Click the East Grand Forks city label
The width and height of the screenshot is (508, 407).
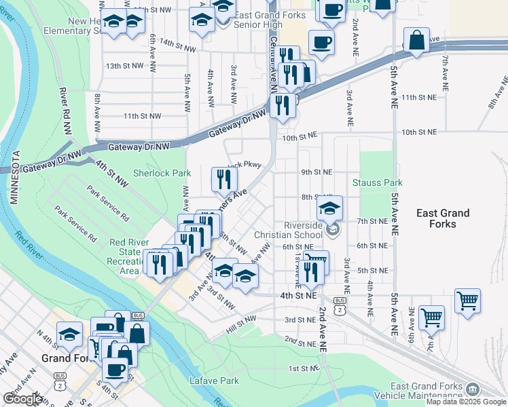tap(443, 218)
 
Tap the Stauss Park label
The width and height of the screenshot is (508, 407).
tap(378, 182)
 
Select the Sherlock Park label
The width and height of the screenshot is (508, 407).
tap(162, 173)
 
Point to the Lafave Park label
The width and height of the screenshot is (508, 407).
tap(214, 381)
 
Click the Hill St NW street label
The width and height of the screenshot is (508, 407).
tap(241, 324)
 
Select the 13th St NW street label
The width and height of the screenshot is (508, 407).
tap(124, 66)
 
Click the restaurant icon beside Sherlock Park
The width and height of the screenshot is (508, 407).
tap(224, 179)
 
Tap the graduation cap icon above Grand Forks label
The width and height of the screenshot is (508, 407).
tap(69, 334)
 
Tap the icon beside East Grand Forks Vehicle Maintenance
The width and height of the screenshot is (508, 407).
tap(473, 388)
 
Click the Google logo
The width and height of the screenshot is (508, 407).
tap(22, 399)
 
